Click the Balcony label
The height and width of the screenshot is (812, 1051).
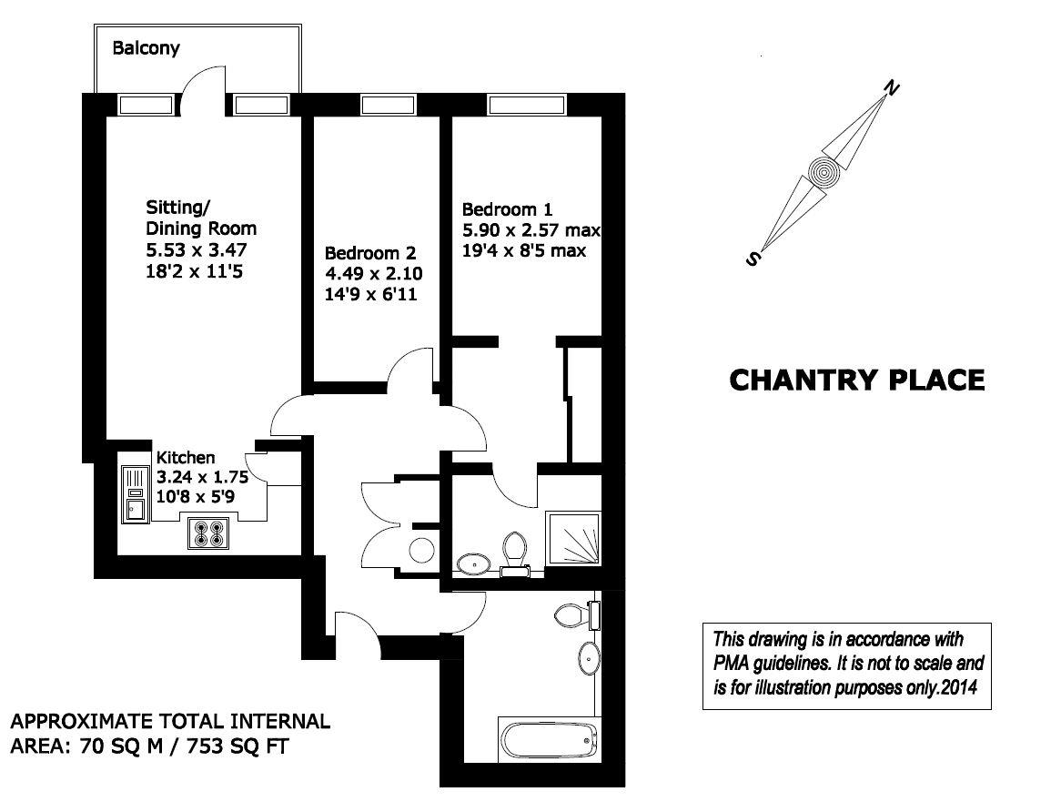tap(146, 47)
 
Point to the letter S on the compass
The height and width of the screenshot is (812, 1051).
tap(753, 259)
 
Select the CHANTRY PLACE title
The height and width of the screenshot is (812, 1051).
tap(856, 380)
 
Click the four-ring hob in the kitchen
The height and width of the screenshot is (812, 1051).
tap(207, 533)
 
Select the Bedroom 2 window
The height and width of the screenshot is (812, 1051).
tap(388, 106)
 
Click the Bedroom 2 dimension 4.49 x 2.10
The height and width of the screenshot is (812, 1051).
tap(373, 273)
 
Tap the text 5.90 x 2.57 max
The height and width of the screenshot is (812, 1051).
tap(531, 228)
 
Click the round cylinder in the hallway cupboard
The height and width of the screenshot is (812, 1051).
tap(421, 551)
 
